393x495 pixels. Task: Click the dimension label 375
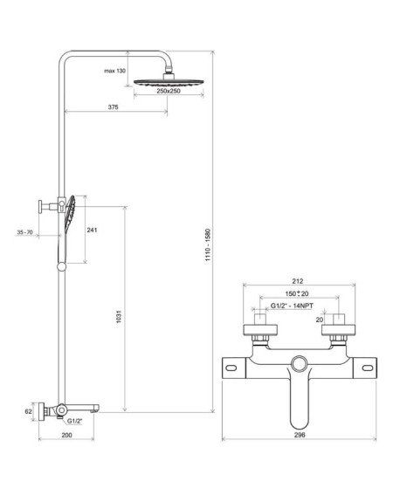pos(114,107)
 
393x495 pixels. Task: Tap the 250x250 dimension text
pos(169,91)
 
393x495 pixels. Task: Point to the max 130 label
pos(114,71)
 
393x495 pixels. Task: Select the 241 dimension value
pos(92,230)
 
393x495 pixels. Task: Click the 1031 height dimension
pos(119,317)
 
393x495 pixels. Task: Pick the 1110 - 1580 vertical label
pos(208,244)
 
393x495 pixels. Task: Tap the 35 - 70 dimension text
pos(24,232)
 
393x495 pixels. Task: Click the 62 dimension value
pos(29,412)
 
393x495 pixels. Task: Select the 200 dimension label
pos(66,435)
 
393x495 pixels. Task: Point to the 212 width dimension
pos(298,281)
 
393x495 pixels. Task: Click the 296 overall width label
pos(300,435)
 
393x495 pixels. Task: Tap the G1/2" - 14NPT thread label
pos(292,306)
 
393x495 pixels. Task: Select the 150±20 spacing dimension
pos(297,293)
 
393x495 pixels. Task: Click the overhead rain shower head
pos(168,82)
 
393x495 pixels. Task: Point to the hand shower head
pos(70,209)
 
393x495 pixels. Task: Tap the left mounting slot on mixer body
pos(231,368)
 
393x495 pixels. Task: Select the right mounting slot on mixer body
pos(367,368)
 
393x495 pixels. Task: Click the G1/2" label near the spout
pos(74,421)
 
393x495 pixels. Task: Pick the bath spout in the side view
pos(81,409)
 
